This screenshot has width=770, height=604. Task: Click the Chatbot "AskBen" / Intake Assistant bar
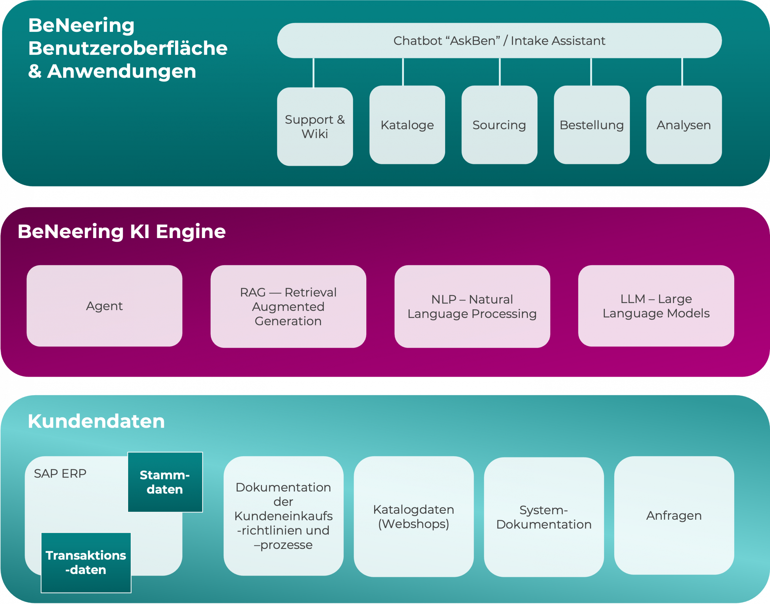click(499, 41)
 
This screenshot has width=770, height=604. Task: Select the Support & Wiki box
click(315, 127)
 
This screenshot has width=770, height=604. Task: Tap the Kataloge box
click(407, 125)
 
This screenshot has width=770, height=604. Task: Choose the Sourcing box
click(499, 125)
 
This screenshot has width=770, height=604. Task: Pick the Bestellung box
click(592, 125)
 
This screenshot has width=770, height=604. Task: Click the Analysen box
click(684, 125)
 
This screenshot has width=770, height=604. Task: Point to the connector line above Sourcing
click(500, 72)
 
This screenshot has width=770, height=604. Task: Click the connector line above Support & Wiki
click(313, 73)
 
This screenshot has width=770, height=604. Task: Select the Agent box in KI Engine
click(104, 306)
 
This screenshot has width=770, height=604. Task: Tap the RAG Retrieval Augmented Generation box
click(288, 307)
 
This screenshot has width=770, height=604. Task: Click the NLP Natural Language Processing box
click(472, 307)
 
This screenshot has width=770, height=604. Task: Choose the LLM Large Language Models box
click(656, 306)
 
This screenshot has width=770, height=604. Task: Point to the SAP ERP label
click(60, 473)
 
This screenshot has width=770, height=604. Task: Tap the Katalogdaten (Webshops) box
click(414, 517)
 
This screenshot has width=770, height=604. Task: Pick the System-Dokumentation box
click(544, 517)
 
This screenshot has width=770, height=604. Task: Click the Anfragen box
click(674, 516)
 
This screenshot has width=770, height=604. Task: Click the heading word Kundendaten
click(96, 421)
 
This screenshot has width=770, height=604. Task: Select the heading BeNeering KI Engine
click(122, 232)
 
